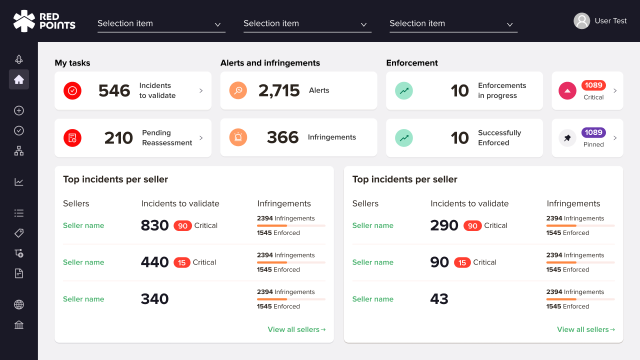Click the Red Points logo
[x=44, y=21]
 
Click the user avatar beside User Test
[x=581, y=21]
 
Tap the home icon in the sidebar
[x=19, y=79]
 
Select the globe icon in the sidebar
[x=19, y=304]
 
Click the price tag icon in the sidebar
[x=19, y=233]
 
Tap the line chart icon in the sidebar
[x=19, y=182]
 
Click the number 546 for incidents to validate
[x=114, y=90]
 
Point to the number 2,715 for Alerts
[x=279, y=90]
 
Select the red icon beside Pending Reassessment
[x=72, y=137]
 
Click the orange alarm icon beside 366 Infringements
[x=238, y=137]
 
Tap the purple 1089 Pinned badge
[x=593, y=132]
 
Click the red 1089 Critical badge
[x=593, y=85]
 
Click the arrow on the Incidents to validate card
[x=201, y=90]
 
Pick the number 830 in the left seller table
[x=155, y=225]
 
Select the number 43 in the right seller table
[x=439, y=299]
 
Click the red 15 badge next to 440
[x=181, y=262]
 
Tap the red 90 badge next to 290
[x=472, y=226]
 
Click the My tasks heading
[x=72, y=63]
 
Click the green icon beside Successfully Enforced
[x=404, y=137]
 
